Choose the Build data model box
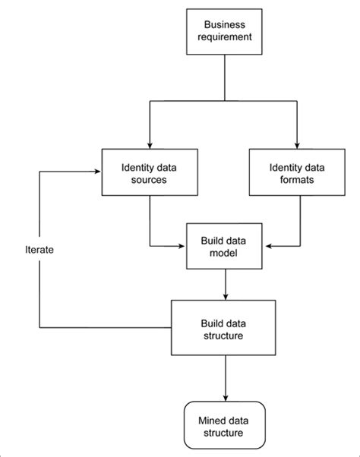[x=225, y=246]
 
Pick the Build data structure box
[x=225, y=328]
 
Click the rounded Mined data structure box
[x=225, y=425]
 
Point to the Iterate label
[x=39, y=248]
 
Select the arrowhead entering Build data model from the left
[x=183, y=246]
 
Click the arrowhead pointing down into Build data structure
[x=226, y=296]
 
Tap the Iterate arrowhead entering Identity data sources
[x=99, y=170]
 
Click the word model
[x=225, y=254]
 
